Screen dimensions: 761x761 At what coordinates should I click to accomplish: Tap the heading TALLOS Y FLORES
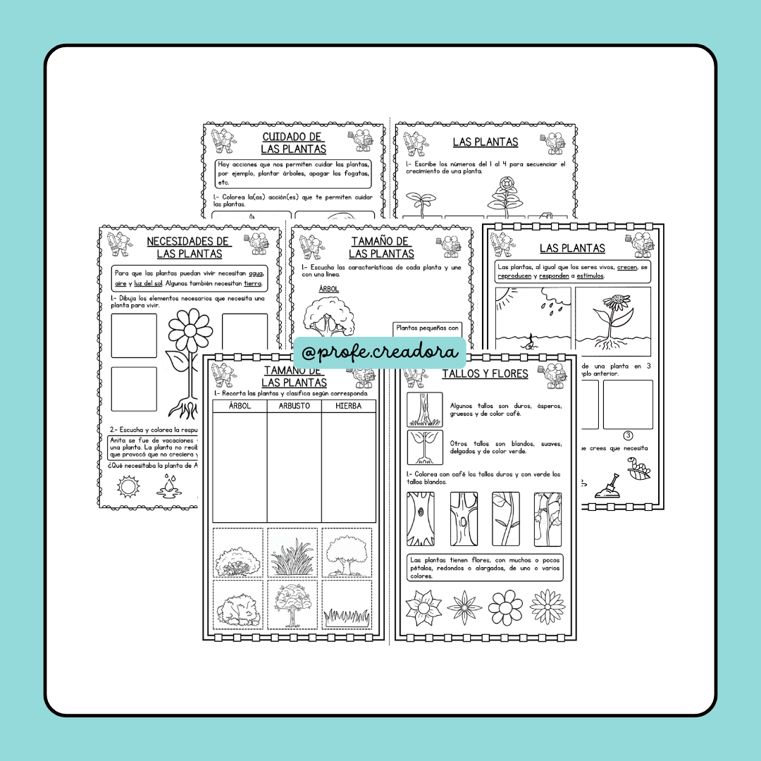[x=485, y=373]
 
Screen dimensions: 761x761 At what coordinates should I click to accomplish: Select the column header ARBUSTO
[x=294, y=406]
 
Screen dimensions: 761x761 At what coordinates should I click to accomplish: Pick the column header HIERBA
[x=348, y=406]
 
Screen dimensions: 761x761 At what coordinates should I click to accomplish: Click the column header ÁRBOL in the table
[x=240, y=406]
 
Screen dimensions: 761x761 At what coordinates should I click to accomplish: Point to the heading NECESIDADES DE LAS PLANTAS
[x=189, y=247]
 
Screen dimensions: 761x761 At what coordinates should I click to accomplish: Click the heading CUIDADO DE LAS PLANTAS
[x=293, y=142]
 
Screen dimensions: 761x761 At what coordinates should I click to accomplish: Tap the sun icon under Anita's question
[x=128, y=485]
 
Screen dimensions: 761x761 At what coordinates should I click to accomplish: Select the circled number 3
[x=628, y=435]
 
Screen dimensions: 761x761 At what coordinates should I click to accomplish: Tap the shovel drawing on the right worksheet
[x=608, y=487]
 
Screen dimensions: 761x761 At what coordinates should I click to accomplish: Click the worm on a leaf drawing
[x=638, y=468]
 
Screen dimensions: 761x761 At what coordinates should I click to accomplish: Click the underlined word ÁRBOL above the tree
[x=329, y=289]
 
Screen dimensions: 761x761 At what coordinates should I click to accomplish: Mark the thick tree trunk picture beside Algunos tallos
[x=425, y=410]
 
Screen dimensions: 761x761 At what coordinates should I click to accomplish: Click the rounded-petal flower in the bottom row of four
[x=505, y=606]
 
